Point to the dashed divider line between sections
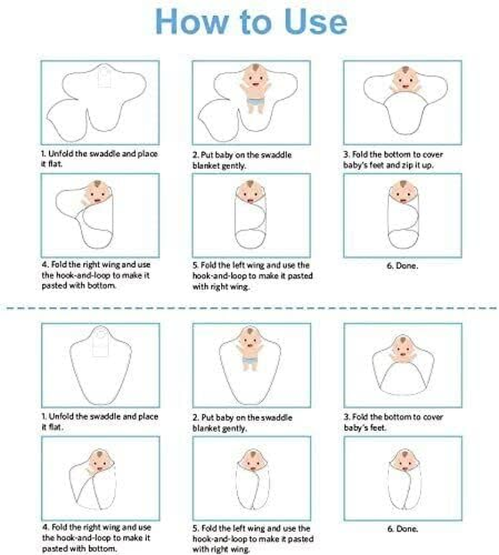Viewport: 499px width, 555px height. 251,308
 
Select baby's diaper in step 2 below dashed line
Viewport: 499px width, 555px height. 250,362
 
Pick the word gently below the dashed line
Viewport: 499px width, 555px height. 235,428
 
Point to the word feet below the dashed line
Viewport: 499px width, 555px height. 377,428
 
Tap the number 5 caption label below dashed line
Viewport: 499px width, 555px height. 196,528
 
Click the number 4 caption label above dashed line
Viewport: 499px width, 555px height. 45,264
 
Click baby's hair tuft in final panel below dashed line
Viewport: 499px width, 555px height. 404,453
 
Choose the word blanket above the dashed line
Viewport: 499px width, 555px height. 205,165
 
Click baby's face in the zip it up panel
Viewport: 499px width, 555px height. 404,80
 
